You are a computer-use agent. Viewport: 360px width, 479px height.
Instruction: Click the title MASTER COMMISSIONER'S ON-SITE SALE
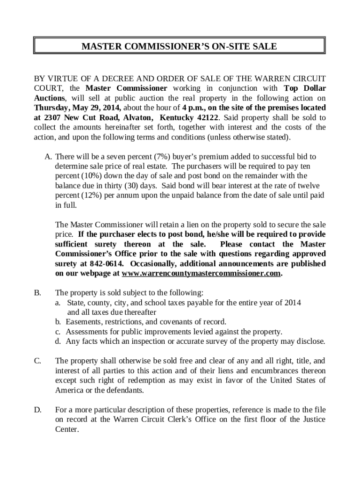[180, 46]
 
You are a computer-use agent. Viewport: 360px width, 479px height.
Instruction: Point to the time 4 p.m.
[194, 108]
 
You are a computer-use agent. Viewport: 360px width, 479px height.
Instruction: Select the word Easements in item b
[83, 322]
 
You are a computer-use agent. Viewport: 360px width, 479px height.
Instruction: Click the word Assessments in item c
[87, 332]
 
